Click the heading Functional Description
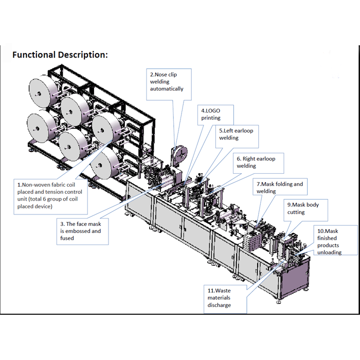(60, 55)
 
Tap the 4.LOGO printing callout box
(216, 114)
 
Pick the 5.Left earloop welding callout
(236, 134)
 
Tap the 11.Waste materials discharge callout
(225, 298)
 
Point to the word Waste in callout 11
(223, 291)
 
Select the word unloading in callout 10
(329, 253)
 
